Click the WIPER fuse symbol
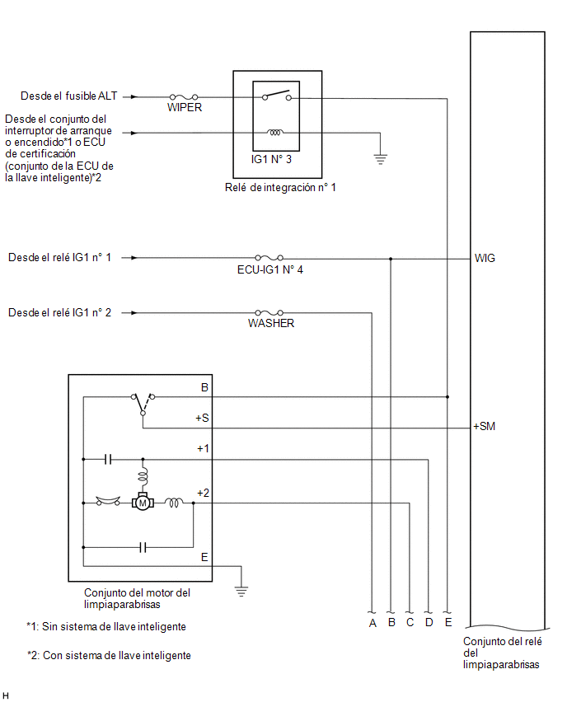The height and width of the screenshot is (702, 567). pos(184,96)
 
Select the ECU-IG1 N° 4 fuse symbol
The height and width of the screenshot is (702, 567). pos(269,257)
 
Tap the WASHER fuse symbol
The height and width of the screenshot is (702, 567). pos(269,312)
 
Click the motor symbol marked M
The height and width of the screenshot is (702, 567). pos(143,502)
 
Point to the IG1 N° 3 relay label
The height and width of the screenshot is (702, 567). pos(271,159)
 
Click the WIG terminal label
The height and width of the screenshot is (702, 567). pos(485,259)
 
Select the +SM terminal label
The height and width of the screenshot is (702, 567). pos(484,426)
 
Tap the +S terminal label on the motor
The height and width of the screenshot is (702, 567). pos(202,419)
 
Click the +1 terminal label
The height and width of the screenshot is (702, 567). pos(203,448)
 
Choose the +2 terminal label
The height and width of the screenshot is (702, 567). pos(203,493)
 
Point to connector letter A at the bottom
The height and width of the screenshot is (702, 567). pos(373,623)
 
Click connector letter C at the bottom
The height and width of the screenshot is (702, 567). pos(410,622)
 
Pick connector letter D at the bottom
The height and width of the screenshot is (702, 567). pos(429,622)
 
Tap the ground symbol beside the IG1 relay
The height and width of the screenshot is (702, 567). pos(380,159)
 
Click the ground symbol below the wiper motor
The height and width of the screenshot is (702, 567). pos(241,592)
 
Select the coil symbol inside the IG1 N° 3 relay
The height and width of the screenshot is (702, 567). pos(275,133)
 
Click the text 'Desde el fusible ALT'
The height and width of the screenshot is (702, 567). pos(69,96)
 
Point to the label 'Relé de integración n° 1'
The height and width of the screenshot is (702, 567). pos(280,188)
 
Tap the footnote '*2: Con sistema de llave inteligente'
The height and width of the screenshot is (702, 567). pos(109,655)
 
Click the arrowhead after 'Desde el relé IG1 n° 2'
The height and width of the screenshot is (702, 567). pos(134,312)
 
